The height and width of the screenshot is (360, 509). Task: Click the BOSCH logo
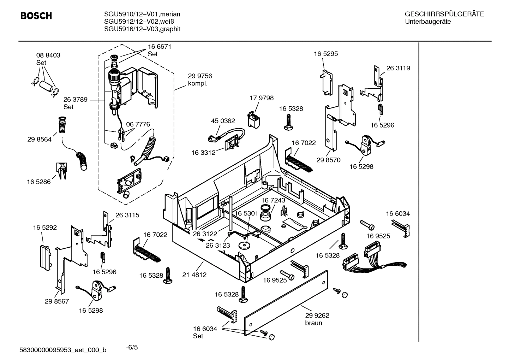(36, 16)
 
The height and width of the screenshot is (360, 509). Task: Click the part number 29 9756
(200, 76)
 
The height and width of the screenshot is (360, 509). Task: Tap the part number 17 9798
(262, 98)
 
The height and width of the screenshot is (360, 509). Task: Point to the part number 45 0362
(223, 121)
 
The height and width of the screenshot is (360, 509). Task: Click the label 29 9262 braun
(317, 319)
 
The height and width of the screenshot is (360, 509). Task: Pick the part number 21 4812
(194, 275)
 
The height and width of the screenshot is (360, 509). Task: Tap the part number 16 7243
(273, 200)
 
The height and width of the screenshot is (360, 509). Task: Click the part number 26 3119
(398, 68)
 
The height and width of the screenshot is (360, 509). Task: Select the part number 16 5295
(326, 54)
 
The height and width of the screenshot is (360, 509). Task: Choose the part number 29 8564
(39, 139)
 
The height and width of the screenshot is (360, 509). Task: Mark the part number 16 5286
(38, 182)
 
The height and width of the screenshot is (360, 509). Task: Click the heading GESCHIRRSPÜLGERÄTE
(444, 14)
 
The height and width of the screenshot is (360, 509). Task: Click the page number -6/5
(132, 347)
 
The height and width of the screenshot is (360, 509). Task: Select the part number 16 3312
(203, 153)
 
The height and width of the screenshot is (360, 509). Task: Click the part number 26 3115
(127, 215)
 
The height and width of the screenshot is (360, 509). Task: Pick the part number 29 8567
(57, 301)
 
